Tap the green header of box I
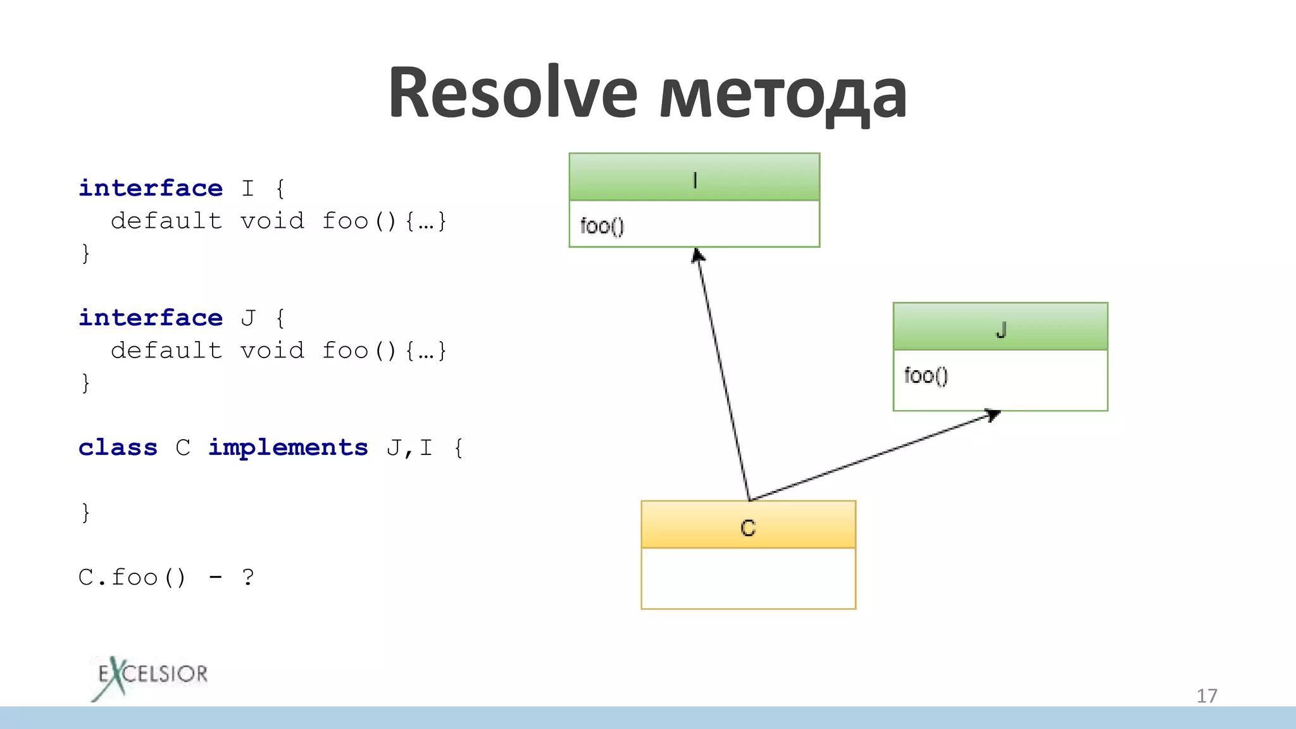pyautogui.click(x=694, y=177)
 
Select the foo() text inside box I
pyautogui.click(x=602, y=226)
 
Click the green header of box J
pyautogui.click(x=1000, y=327)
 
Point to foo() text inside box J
pyautogui.click(x=926, y=375)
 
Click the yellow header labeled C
pyautogui.click(x=748, y=525)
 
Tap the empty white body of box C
pyautogui.click(x=748, y=578)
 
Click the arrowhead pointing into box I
pyautogui.click(x=697, y=256)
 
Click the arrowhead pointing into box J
pyautogui.click(x=993, y=415)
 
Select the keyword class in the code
pyautogui.click(x=118, y=447)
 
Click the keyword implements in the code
pyautogui.click(x=288, y=447)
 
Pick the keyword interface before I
pyautogui.click(x=151, y=188)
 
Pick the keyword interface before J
pyautogui.click(x=151, y=318)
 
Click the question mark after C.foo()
pyautogui.click(x=248, y=577)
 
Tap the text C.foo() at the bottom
pyautogui.click(x=132, y=577)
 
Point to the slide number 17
pyautogui.click(x=1206, y=696)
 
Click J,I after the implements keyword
pyautogui.click(x=409, y=447)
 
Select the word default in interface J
pyautogui.click(x=166, y=350)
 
